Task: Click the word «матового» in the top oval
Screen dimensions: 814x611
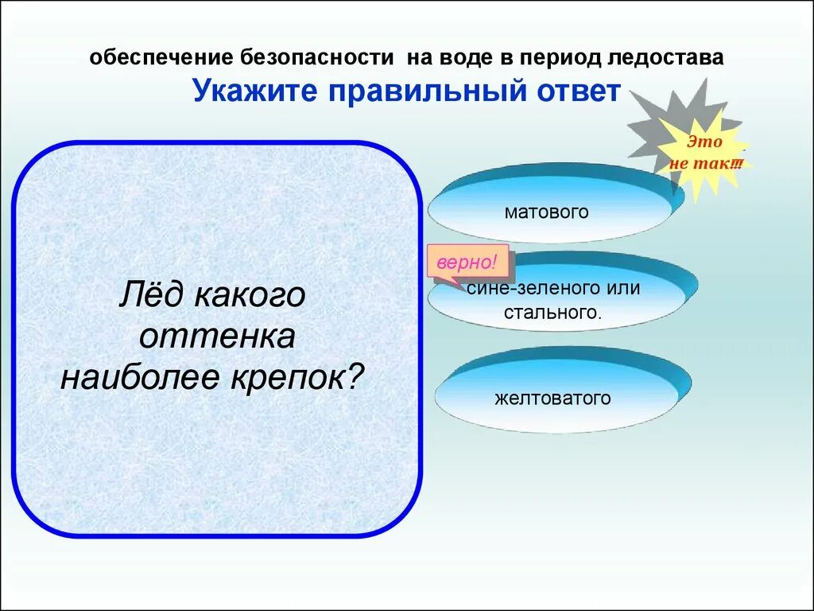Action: click(x=546, y=212)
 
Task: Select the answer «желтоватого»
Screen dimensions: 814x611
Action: click(x=552, y=398)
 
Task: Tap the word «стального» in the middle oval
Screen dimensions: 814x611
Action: click(x=552, y=311)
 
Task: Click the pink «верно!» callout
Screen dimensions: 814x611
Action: click(x=467, y=261)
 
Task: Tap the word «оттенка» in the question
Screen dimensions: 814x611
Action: click(x=217, y=336)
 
